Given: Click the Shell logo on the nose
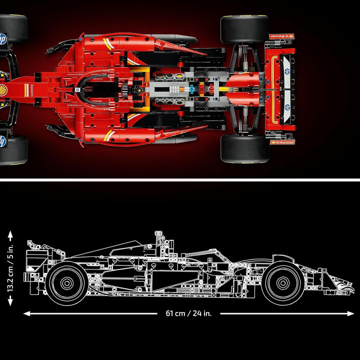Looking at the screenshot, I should coord(3,90).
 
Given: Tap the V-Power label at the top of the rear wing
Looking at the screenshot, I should coord(282,36).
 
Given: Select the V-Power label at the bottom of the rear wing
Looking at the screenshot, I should coord(282,142).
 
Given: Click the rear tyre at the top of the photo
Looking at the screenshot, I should coord(245,29).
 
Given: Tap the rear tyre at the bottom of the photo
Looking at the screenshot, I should coord(245,148).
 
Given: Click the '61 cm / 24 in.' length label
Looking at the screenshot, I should coord(188,313).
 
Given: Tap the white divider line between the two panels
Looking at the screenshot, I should coord(180,178).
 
